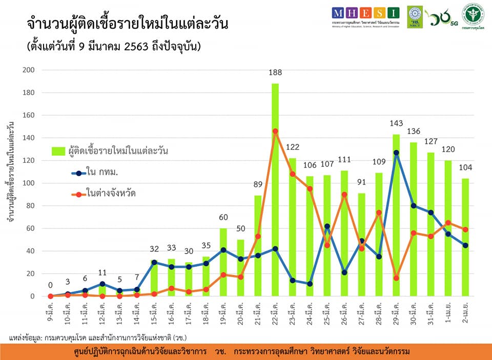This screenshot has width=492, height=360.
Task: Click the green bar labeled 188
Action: coord(275,189)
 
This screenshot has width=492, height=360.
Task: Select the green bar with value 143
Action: coord(396,215)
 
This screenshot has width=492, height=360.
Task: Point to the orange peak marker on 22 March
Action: coord(275,131)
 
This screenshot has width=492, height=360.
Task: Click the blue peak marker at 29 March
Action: coord(396,153)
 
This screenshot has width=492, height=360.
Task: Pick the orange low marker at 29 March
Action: coord(396,278)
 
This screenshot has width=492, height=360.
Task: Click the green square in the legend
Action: coord(58,151)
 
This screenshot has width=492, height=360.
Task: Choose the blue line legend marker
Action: coord(78,173)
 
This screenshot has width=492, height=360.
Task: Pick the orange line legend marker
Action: coord(78,194)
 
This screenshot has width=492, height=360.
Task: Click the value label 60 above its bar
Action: coord(223,217)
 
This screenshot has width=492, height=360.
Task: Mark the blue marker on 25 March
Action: coord(327,226)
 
